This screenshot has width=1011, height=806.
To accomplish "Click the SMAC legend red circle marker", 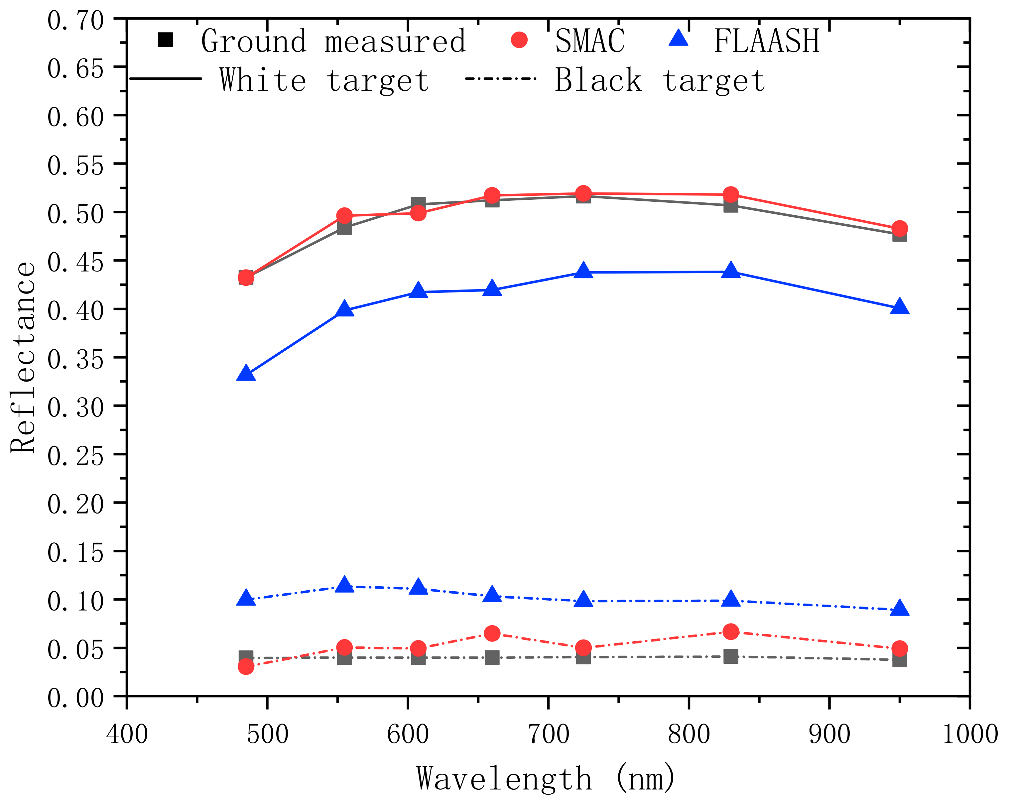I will point(519,40).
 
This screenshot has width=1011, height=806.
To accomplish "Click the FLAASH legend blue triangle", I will point(678,39).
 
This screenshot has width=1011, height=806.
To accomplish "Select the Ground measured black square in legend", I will point(166,40).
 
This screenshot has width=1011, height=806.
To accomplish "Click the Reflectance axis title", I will point(24,357).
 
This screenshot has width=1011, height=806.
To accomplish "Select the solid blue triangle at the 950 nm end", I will point(899,307).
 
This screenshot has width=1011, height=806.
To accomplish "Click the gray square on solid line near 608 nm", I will point(418,204).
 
